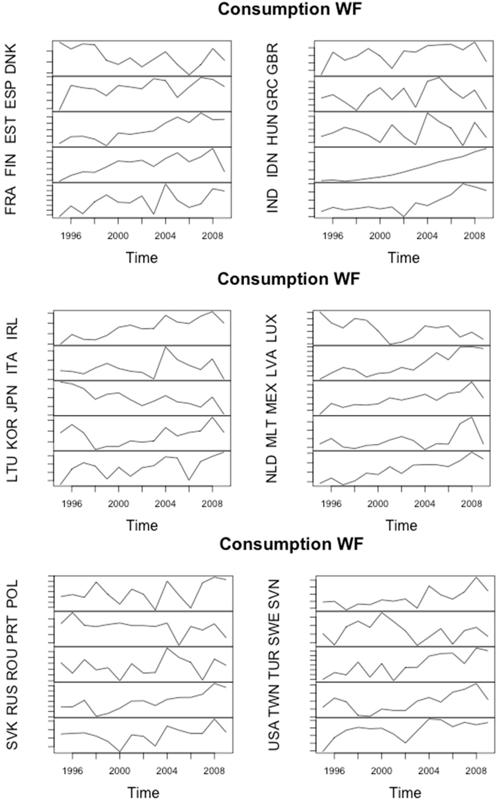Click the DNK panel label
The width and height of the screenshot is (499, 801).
point(11,59)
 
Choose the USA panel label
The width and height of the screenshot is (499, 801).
point(273,735)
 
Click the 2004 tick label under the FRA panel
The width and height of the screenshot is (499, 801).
point(165,236)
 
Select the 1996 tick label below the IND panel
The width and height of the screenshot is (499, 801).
point(332,236)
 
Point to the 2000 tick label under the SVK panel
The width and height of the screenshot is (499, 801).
point(120,771)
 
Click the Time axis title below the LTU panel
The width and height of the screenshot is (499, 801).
point(142,525)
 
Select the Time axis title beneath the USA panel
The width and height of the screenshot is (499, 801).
point(404,792)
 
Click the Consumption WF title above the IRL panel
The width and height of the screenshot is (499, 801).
point(288,279)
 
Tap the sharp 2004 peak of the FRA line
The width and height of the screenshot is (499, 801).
point(165,184)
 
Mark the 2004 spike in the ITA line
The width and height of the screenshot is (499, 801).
point(165,346)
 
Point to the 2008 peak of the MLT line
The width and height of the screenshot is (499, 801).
point(472,417)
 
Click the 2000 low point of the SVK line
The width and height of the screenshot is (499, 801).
point(120,751)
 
